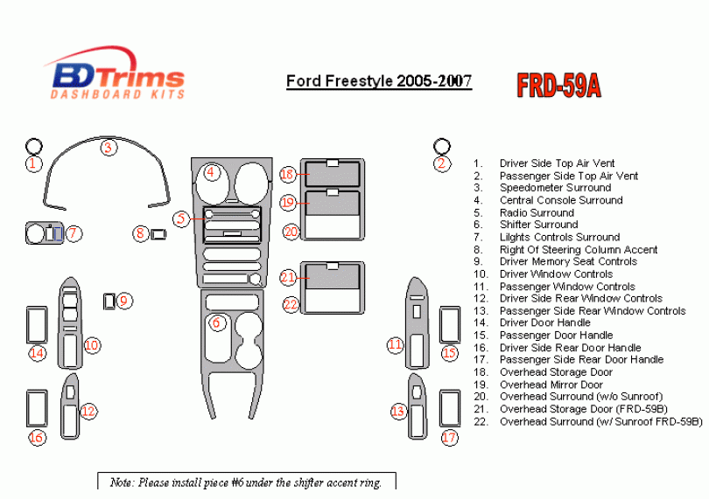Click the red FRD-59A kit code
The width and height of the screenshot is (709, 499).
[558, 86]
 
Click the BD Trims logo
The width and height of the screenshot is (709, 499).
[116, 73]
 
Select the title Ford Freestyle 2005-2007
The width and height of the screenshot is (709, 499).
[379, 81]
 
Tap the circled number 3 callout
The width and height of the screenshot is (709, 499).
[108, 147]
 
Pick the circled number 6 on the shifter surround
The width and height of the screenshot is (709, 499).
[216, 322]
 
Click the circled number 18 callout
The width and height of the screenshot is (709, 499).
[288, 174]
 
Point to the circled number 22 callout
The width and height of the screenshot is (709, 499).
[291, 304]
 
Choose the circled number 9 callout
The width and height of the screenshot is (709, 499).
[124, 301]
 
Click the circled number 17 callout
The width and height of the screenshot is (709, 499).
[449, 437]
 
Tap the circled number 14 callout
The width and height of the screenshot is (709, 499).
[37, 353]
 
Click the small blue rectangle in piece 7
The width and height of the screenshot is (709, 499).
[58, 234]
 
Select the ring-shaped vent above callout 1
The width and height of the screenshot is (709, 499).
[34, 146]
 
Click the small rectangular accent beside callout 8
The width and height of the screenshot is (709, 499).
[158, 234]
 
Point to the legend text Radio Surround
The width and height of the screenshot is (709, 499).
[537, 212]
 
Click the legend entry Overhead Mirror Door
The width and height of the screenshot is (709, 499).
[551, 385]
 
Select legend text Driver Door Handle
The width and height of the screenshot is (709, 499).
[544, 322]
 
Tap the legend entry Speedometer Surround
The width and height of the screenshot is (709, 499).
[555, 188]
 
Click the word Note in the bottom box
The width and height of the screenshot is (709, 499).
[122, 482]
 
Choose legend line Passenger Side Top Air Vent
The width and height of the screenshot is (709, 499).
[568, 176]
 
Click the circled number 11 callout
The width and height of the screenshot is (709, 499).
[395, 345]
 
